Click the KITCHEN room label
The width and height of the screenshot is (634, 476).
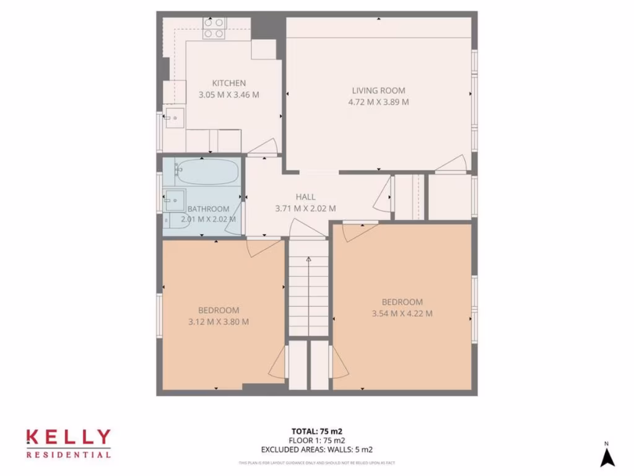229,83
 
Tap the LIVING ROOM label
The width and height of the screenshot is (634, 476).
378,90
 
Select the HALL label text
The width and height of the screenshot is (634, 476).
305,197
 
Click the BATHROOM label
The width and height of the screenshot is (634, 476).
209,209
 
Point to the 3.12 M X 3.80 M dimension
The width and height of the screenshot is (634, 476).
219,322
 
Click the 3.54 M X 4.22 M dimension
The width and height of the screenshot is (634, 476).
402,314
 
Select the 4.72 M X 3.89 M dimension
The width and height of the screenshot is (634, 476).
378,102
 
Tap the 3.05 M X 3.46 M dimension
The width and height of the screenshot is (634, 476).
228,95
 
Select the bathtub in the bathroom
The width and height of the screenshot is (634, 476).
206,172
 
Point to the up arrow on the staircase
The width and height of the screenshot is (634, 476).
308,260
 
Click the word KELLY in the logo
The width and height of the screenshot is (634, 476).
68,438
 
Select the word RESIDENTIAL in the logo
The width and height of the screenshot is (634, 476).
68,454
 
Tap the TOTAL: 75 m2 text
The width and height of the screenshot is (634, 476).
316,431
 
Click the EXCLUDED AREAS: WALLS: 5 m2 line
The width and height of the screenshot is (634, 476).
316,450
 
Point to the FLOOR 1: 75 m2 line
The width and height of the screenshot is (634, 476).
316,441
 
